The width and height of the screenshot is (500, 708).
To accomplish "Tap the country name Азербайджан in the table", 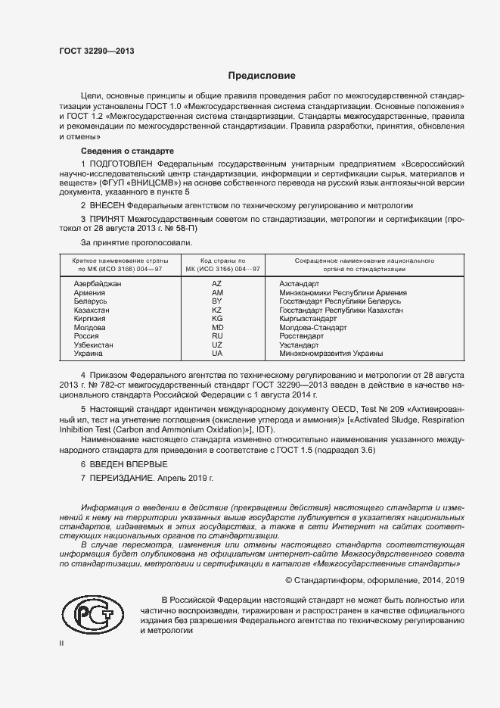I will pos(98,282).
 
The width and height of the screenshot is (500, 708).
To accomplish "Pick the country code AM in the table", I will pos(217,292).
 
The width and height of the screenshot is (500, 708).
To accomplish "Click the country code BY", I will pos(217,301).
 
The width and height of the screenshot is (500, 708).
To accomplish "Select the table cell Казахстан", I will pos(92,310).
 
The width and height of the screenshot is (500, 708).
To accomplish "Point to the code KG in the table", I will pos(217,320).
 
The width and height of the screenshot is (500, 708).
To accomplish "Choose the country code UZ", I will pos(217,345).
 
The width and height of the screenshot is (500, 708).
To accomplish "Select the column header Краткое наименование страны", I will pos(116,260).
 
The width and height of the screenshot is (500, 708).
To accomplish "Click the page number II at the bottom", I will pos(62,643).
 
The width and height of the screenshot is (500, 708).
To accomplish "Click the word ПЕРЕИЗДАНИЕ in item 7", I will pos(122,479).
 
